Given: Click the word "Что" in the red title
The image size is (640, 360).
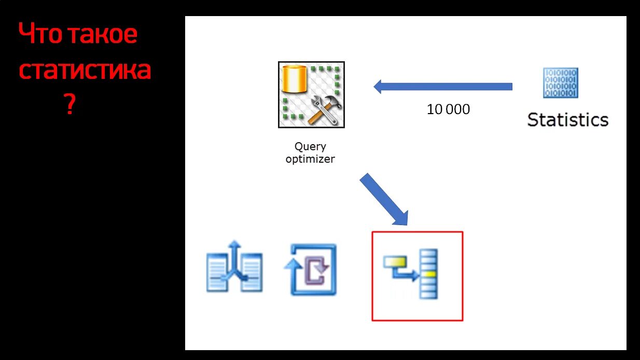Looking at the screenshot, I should coord(40,34).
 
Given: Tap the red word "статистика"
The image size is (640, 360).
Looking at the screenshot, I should coord(85,70).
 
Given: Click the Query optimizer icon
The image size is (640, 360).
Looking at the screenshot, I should coord(311,94).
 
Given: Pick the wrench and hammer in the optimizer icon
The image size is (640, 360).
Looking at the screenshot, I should coord(324,111).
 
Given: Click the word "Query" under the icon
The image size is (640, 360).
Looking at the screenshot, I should coord(310,147).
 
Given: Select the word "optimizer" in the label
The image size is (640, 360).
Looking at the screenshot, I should coord(310,159).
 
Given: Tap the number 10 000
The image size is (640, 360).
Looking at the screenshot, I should coord(448,109).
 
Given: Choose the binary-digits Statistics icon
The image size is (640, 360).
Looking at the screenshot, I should coord(561,83).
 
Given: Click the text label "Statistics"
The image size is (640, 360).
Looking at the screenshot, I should coord(567,120).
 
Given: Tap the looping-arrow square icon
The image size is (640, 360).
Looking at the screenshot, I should coord(310,269).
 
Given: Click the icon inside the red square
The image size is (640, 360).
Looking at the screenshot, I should coord(411,274).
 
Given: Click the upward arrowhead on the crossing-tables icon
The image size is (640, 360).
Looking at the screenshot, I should coord(235,244).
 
